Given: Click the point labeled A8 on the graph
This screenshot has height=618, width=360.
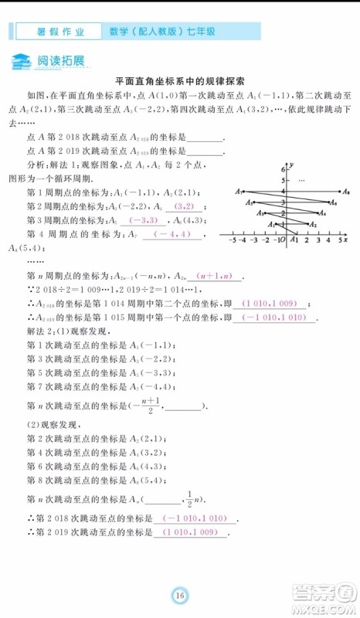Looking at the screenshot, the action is (x=347, y=192).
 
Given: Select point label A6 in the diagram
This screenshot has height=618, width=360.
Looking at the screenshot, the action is (x=333, y=202).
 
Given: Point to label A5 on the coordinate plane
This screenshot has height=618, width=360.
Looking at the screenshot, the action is (x=249, y=202).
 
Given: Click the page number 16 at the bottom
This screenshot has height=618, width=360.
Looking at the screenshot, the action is (x=179, y=594).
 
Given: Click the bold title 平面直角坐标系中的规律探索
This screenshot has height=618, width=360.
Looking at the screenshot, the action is (x=179, y=80).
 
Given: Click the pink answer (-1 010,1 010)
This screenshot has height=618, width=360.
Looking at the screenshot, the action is (x=195, y=518).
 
